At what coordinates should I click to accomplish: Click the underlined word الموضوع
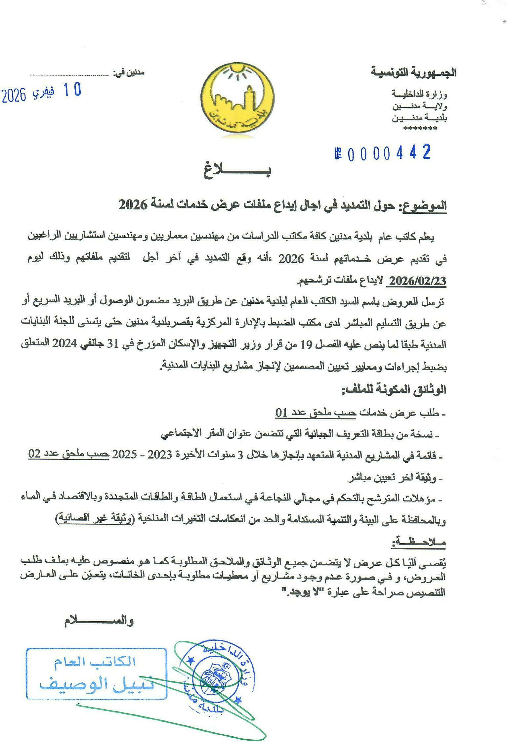click(424, 206)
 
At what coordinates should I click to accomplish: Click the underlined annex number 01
click(282, 413)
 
